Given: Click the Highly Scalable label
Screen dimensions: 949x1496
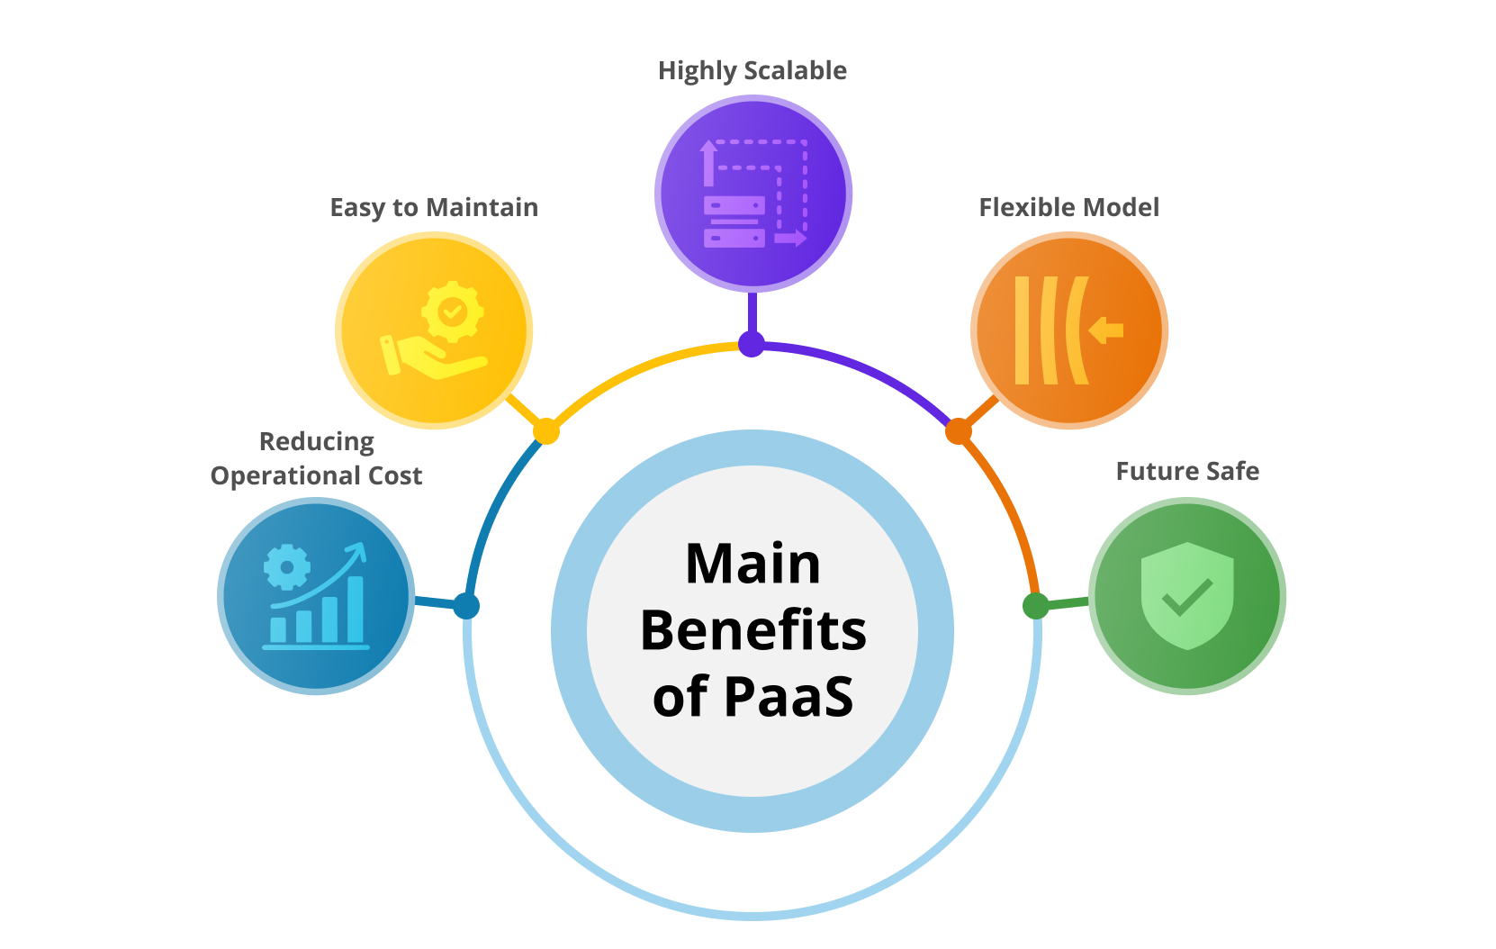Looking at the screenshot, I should tap(752, 71).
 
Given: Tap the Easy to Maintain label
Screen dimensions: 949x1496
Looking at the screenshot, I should tap(434, 208).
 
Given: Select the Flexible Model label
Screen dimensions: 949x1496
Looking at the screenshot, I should tap(1068, 208).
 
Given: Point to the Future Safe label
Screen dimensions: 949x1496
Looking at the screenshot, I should tap(1187, 472).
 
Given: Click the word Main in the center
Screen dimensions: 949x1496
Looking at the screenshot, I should tap(753, 565).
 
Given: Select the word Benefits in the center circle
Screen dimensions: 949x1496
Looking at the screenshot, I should tap(753, 630).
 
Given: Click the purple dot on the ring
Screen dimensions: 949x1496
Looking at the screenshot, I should tap(752, 344).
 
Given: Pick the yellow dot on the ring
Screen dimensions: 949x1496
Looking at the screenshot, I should tap(545, 431).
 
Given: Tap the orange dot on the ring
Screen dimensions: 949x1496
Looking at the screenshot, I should tap(959, 431).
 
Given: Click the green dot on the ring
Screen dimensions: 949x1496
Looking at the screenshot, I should tap(1036, 606).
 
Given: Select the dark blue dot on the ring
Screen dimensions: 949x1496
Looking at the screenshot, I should tap(466, 606).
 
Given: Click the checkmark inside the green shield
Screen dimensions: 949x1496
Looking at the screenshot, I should tap(1187, 596).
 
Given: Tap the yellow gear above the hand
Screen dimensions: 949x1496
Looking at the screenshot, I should tap(452, 312).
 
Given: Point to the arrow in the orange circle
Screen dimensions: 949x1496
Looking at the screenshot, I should tap(1106, 330).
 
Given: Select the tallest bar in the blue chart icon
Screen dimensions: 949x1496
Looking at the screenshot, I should tap(356, 609).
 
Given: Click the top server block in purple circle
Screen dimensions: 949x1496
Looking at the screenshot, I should tap(734, 205).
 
